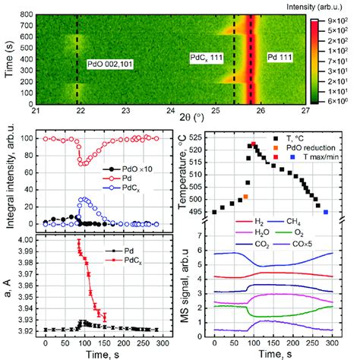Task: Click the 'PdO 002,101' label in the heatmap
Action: (x=112, y=65)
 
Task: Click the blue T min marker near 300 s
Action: (x=326, y=212)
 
